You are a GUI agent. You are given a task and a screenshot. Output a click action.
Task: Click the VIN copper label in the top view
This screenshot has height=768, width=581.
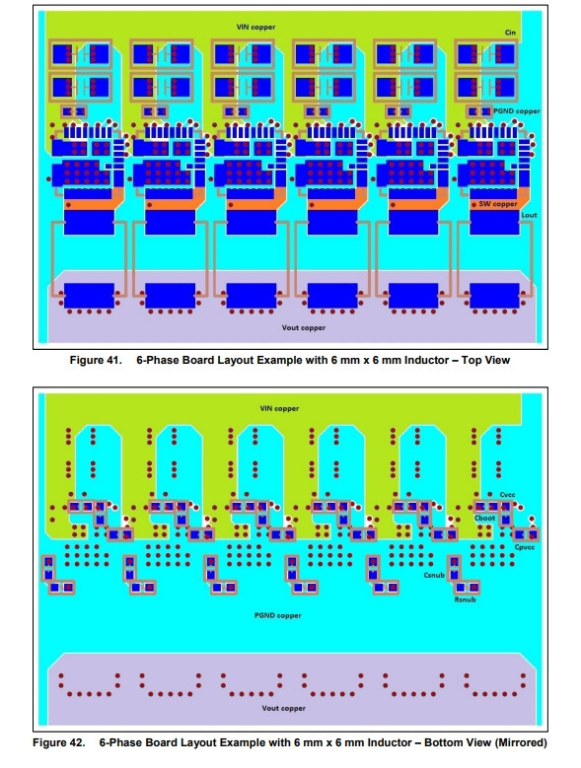(255, 27)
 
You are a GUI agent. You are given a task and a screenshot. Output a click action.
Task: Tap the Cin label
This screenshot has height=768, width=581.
(510, 33)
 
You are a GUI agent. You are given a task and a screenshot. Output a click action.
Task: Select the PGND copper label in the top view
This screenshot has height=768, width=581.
(516, 111)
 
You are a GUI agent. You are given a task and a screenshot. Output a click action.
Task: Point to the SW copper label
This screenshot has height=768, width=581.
(498, 204)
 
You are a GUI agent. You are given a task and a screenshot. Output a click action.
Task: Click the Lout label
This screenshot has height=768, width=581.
(529, 215)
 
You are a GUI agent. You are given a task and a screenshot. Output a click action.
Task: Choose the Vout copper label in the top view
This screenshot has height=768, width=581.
(303, 327)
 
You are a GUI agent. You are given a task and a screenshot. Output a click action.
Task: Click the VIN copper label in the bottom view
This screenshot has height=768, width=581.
(279, 408)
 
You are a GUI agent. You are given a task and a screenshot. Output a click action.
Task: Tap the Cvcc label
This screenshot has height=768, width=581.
(508, 495)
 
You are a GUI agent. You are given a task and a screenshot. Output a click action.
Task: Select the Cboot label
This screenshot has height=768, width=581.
(484, 519)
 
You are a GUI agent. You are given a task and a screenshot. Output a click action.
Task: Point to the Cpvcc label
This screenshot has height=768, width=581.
(524, 547)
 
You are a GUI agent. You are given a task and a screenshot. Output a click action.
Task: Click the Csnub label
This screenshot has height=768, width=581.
(434, 575)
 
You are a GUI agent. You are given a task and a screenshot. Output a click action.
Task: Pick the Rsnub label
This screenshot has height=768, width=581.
(465, 599)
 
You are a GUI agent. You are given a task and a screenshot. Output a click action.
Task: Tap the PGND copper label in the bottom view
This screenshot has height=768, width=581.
(278, 615)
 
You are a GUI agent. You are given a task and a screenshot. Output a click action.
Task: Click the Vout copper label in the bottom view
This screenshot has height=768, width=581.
(284, 708)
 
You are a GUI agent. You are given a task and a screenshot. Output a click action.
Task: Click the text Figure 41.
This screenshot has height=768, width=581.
(96, 361)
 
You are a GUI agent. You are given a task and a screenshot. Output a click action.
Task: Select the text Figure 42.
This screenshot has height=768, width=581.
(59, 742)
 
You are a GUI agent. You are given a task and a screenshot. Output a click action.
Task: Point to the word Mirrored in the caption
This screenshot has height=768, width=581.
(521, 742)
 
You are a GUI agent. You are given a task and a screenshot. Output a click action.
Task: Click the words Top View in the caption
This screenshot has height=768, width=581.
(485, 361)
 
